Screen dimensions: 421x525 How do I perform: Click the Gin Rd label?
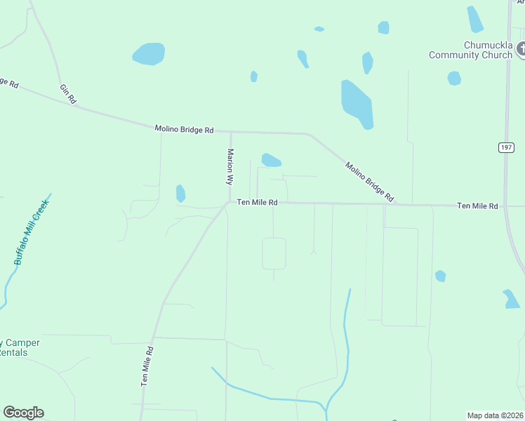pyautogui.click(x=67, y=94)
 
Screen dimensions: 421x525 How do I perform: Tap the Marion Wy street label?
pyautogui.click(x=230, y=166)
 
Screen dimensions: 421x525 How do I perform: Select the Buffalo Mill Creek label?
pyautogui.click(x=31, y=232)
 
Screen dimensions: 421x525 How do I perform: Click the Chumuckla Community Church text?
pyautogui.click(x=471, y=51)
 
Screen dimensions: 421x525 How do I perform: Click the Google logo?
pyautogui.click(x=23, y=413)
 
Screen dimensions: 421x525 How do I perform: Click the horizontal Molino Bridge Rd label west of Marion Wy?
pyautogui.click(x=184, y=130)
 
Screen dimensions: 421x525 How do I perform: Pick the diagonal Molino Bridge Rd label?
pyautogui.click(x=369, y=182)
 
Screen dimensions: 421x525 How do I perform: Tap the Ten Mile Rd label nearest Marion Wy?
pyautogui.click(x=258, y=202)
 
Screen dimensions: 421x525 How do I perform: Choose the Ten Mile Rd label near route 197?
pyautogui.click(x=477, y=206)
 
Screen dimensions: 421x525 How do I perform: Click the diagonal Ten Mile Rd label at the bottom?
pyautogui.click(x=147, y=366)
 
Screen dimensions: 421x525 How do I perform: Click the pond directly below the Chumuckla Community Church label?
pyautogui.click(x=454, y=78)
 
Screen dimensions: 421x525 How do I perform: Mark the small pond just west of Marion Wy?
pyautogui.click(x=180, y=193)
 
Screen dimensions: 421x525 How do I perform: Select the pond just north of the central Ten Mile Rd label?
pyautogui.click(x=271, y=160)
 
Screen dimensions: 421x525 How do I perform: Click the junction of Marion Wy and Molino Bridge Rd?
pyautogui.click(x=230, y=131)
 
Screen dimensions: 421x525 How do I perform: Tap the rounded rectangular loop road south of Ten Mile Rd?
pyautogui.click(x=274, y=253)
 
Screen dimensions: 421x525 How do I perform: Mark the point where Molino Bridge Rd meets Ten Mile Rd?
pyautogui.click(x=395, y=205)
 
